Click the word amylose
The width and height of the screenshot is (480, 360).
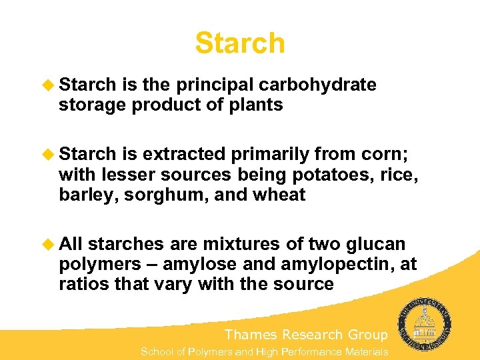pos(204,265)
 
